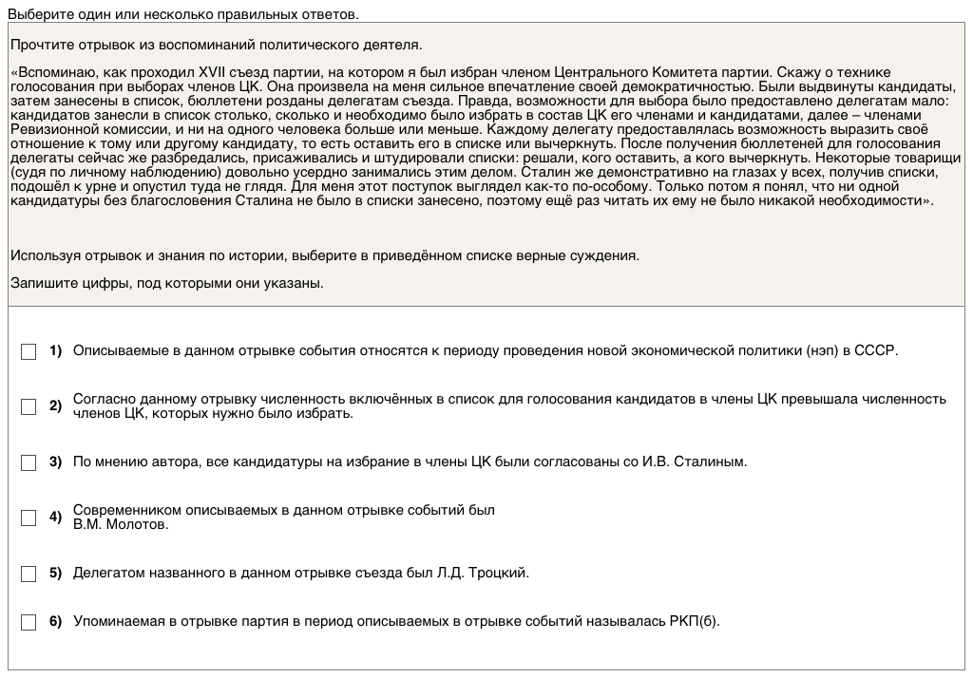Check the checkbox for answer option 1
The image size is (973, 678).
[29, 351]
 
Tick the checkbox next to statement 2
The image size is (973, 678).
[29, 406]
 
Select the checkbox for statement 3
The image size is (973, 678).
[29, 462]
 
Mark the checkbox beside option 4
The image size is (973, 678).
[29, 518]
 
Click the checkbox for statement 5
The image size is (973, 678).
[29, 574]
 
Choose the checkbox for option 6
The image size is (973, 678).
[29, 622]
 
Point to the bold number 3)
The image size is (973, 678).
[55, 462]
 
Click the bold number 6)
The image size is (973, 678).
[55, 622]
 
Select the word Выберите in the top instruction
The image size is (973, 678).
[37, 14]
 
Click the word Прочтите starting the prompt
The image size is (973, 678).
[42, 45]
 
